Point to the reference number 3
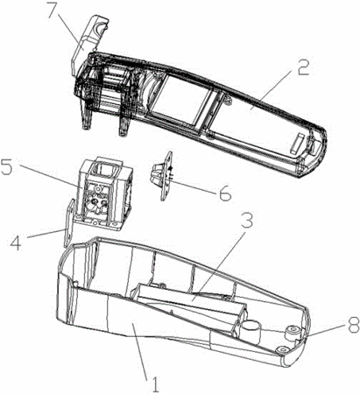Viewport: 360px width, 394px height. (247, 219)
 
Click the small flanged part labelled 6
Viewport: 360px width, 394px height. (161, 175)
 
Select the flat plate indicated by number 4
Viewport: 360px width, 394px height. (68, 223)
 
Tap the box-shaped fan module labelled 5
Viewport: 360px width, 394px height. (103, 195)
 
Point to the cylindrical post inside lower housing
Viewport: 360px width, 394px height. (250, 331)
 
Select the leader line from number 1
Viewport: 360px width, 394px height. (142, 348)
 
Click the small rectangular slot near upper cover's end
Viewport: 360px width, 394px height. (297, 144)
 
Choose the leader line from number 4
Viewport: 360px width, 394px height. (46, 234)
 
